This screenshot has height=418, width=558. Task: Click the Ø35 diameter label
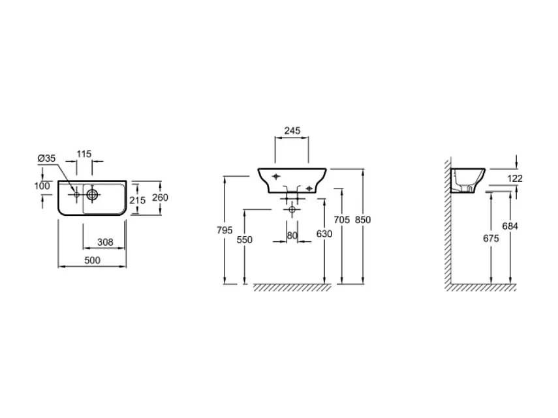click(46, 158)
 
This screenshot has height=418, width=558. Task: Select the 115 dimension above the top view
click(84, 154)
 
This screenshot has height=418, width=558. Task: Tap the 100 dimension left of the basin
click(42, 186)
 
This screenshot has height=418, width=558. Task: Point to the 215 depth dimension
click(137, 200)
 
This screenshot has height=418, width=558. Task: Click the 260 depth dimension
click(160, 198)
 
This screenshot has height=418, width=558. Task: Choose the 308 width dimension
click(105, 242)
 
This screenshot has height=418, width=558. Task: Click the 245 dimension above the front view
click(292, 131)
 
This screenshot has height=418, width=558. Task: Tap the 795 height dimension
click(224, 230)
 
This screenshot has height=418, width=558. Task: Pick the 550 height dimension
click(244, 239)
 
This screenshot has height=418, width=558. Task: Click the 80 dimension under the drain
click(292, 235)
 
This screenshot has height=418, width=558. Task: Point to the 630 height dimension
click(324, 234)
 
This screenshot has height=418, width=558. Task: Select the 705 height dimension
click(341, 220)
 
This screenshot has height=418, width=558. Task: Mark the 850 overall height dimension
click(362, 220)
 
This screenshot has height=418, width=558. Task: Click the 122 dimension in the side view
click(514, 178)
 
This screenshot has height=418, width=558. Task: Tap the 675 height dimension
click(491, 239)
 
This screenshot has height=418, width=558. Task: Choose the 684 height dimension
click(510, 226)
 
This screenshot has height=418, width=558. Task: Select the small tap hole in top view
click(76, 194)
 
